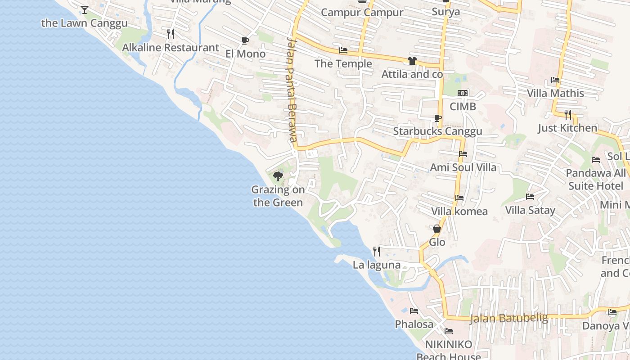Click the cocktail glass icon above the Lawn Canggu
85,9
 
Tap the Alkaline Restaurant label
171,48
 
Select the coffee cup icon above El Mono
245,41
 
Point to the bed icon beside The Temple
343,50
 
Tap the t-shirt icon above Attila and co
412,61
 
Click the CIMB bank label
463,107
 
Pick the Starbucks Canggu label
437,131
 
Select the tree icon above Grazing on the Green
278,176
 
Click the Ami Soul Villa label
463,167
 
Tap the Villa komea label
459,211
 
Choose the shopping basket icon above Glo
436,229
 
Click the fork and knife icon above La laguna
377,251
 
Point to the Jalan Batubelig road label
508,318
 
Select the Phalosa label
414,324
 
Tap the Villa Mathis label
555,94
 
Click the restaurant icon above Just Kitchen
568,115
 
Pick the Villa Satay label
530,210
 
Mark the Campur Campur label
362,12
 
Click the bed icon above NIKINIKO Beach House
449,332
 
